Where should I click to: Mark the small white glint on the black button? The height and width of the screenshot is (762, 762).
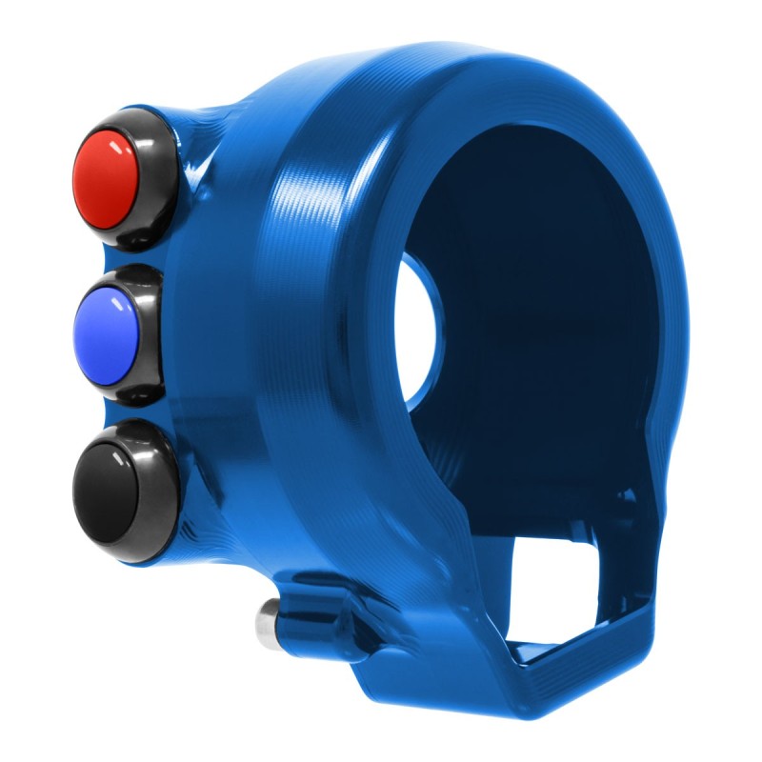(x=116, y=456)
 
